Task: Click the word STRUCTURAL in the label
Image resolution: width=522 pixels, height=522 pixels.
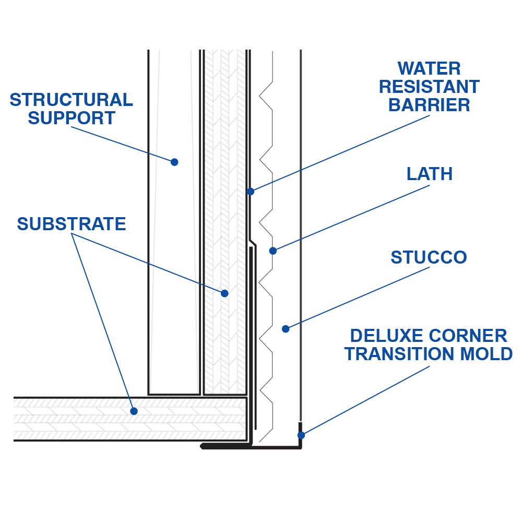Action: pos(71,100)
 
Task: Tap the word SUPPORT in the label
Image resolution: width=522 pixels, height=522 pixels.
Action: pos(71,118)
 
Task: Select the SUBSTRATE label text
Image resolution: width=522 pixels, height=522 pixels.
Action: pos(71,224)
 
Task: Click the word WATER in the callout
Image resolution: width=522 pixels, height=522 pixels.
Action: pos(429,68)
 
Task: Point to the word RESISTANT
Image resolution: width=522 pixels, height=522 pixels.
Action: pos(429,87)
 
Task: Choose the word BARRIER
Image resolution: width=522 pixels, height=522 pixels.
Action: pos(429,105)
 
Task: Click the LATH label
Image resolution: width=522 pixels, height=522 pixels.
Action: pos(429,174)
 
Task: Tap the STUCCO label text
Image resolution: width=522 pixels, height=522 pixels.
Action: pos(429,257)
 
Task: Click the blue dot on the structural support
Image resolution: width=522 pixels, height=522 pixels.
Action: pos(174,162)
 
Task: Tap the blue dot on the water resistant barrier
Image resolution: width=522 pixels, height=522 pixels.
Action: pos(251,192)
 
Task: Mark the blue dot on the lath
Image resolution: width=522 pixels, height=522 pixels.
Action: pos(272,251)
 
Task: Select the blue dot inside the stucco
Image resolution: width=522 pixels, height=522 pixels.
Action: pos(286,329)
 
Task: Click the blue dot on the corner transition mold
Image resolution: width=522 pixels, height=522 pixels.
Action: pos(301,435)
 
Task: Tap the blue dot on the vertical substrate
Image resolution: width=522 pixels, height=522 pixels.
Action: pos(224,293)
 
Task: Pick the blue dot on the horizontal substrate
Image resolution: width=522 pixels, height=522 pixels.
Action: pos(134,411)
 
